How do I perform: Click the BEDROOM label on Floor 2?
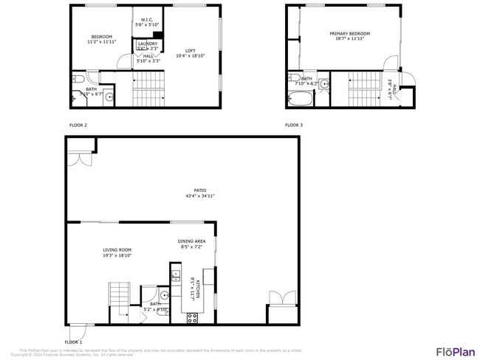click(101, 37)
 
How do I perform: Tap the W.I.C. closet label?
click(147, 19)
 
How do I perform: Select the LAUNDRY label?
click(147, 44)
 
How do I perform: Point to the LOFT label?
click(191, 50)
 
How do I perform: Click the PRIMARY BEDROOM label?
click(349, 33)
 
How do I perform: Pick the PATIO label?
click(200, 190)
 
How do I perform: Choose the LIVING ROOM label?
click(117, 250)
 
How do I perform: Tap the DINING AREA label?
click(191, 241)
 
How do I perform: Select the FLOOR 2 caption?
click(78, 125)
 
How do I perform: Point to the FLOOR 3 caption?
click(294, 125)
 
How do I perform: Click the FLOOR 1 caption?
click(73, 342)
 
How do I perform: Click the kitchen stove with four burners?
click(192, 318)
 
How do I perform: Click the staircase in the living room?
click(119, 296)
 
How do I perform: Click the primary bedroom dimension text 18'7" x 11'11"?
click(349, 39)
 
